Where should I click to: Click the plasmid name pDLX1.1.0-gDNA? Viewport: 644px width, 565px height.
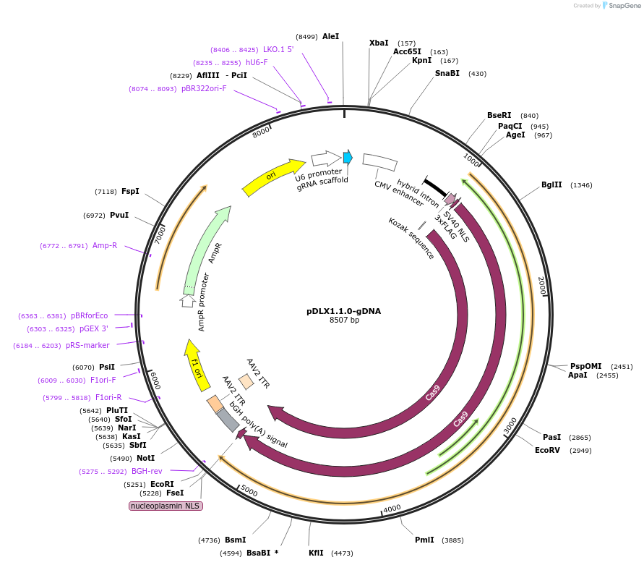tap(343, 311)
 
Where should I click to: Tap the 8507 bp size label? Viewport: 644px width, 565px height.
tap(343, 320)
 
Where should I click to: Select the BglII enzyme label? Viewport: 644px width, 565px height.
tap(551, 185)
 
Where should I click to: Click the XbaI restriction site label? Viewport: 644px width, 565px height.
tap(379, 43)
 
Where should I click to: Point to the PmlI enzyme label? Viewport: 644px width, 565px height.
tap(424, 540)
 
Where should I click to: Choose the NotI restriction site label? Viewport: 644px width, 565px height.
tap(145, 458)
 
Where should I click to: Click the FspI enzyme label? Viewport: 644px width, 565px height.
tap(130, 192)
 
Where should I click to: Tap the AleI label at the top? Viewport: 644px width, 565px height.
tap(330, 36)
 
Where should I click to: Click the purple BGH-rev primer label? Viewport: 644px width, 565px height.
tap(147, 472)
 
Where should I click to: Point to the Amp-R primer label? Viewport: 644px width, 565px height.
tap(105, 246)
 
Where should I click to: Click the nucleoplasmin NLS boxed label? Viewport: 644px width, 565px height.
tap(166, 506)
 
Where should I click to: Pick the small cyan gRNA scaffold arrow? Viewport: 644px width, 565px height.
tap(348, 157)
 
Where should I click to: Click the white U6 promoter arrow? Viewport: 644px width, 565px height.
tap(326, 158)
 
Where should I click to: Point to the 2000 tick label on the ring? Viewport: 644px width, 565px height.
tap(541, 285)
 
